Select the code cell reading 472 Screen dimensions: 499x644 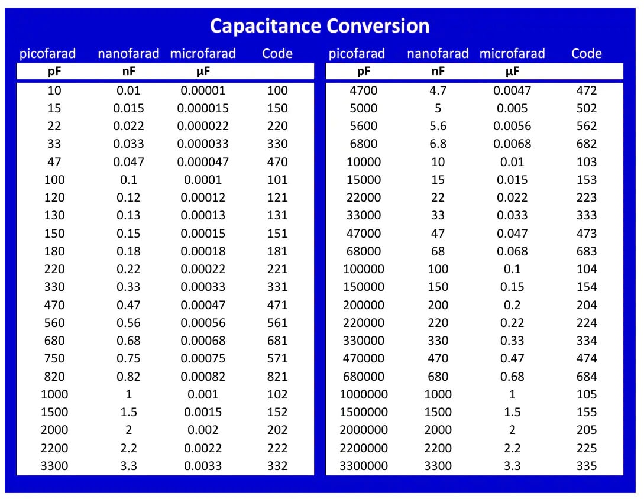tap(586, 90)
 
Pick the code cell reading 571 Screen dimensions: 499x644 tap(277, 358)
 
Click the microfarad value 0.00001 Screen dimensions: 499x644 tap(203, 90)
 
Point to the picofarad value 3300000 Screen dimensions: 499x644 tap(364, 466)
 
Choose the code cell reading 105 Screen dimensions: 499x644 tap(586, 394)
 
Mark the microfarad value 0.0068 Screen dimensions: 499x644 tap(512, 144)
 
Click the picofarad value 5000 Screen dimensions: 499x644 tap(364, 108)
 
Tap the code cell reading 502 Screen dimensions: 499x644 tap(586, 108)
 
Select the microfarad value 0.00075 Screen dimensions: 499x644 tap(203, 358)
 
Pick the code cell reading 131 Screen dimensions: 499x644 tap(277, 215)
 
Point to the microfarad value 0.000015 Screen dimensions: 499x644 tap(203, 108)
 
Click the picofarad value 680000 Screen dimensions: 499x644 tap(364, 377)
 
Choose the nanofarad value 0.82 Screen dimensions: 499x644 tap(128, 377)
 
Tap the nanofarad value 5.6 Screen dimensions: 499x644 tap(438, 126)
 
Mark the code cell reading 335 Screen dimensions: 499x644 tap(586, 466)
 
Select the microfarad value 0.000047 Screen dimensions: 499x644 tap(203, 162)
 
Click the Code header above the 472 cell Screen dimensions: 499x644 tap(586, 54)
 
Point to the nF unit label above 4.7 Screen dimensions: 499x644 tap(438, 72)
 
